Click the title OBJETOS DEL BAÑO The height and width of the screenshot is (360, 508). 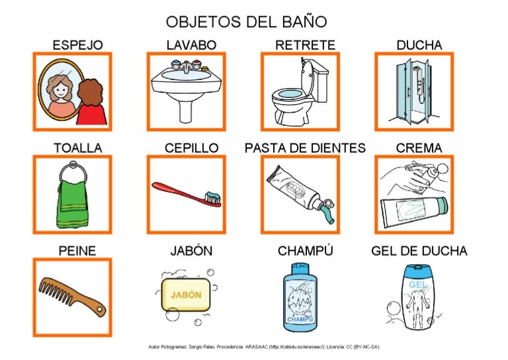click(x=246, y=21)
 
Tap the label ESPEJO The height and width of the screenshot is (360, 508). click(x=77, y=45)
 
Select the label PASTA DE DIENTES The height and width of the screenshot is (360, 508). click(x=305, y=148)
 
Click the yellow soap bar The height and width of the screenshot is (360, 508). click(x=186, y=294)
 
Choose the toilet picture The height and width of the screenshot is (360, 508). click(x=298, y=96)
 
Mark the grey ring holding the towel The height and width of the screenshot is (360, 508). click(x=72, y=175)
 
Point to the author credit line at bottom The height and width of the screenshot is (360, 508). click(x=263, y=347)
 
